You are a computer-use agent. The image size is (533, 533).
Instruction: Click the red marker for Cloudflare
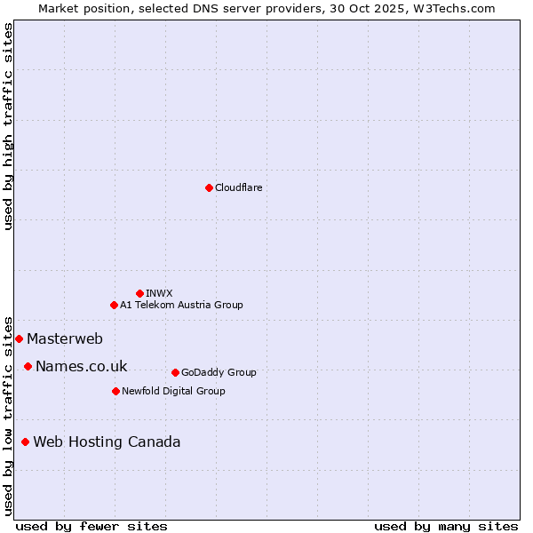(209, 187)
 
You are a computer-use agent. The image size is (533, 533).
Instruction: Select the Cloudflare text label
(238, 187)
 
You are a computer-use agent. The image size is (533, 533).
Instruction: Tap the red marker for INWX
(139, 293)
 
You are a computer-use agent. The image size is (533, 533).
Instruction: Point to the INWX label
(159, 293)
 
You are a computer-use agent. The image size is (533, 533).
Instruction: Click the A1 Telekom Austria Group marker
(114, 305)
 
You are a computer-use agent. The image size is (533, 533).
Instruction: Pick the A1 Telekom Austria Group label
(181, 305)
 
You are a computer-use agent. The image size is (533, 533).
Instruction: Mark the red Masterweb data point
(19, 338)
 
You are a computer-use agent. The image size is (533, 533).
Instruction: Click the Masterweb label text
(65, 338)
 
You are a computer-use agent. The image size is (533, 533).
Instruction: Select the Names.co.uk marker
(28, 366)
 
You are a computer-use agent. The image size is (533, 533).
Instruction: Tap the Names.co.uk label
(81, 366)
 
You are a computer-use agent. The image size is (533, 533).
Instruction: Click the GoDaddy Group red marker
(175, 372)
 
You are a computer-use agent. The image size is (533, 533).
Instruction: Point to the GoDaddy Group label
(219, 372)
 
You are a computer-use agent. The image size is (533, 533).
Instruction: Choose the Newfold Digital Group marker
(115, 391)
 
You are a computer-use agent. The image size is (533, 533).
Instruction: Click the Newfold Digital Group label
(173, 391)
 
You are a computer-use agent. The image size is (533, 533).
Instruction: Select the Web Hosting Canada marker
(25, 442)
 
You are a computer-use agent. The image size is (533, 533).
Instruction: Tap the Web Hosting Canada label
(107, 442)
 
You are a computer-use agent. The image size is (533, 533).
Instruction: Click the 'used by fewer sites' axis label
(91, 526)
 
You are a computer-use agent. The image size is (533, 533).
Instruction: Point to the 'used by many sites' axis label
(446, 526)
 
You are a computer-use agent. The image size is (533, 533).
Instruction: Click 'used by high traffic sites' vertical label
(9, 126)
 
